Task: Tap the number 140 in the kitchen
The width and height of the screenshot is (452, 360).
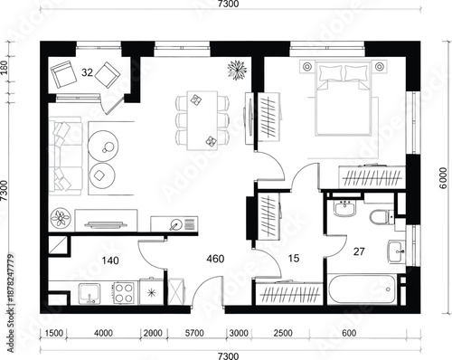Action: point(111,261)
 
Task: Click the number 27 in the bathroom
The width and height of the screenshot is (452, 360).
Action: point(359,251)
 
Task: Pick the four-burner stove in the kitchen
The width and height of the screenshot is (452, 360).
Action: point(125,294)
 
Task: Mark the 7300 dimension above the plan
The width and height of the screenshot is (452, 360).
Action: point(228,5)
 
